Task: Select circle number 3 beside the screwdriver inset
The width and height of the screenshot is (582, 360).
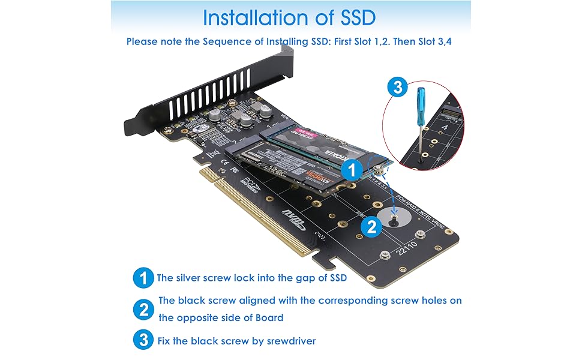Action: pos(396,88)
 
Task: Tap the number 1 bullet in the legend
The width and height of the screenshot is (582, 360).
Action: pos(142,278)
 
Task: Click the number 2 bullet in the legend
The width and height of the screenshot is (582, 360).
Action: pos(142,309)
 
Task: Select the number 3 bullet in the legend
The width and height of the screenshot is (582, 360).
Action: pos(142,341)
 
